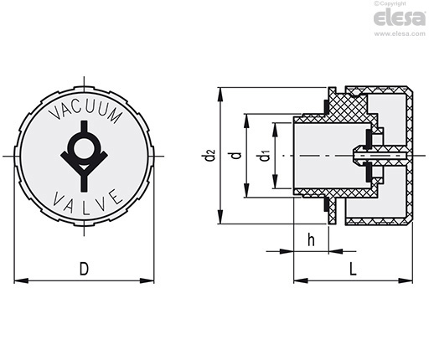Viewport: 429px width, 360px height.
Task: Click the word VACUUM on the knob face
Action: pos(86,111)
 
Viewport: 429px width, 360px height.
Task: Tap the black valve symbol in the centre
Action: pos(84,156)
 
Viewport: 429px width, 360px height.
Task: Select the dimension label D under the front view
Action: pos(84,269)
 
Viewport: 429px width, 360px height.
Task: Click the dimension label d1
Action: pos(265,156)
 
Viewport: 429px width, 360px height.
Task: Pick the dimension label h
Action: pos(311,240)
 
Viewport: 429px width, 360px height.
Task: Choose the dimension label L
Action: pos(353,269)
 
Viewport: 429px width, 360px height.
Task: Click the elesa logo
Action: pos(400,18)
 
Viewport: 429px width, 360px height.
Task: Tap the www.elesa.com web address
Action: pos(400,33)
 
